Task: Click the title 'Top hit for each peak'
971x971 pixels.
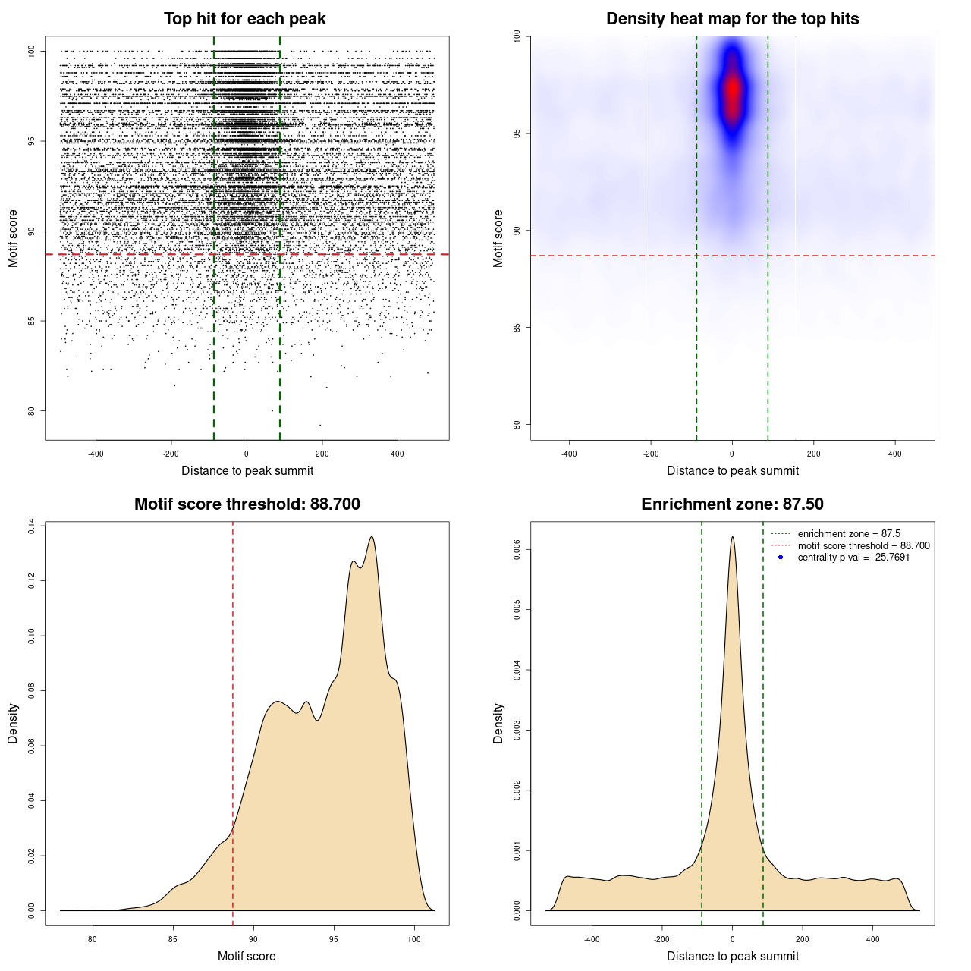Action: [x=244, y=19]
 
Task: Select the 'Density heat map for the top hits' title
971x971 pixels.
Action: [x=732, y=19]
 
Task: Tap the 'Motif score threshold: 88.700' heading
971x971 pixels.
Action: [x=247, y=504]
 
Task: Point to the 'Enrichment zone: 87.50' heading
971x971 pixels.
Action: [x=732, y=504]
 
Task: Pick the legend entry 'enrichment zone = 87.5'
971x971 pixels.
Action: [x=849, y=534]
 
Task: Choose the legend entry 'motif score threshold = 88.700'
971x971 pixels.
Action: [x=863, y=546]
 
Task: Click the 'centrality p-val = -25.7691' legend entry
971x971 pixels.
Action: [x=853, y=558]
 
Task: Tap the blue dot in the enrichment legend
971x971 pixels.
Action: [x=781, y=558]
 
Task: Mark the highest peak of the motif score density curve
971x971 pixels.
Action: [x=372, y=537]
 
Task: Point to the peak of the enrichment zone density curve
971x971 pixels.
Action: [x=732, y=537]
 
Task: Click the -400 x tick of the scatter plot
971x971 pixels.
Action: [x=96, y=454]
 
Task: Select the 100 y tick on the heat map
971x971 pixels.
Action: [x=517, y=36]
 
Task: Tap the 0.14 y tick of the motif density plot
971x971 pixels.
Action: [x=31, y=526]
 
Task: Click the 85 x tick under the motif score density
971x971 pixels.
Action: [x=173, y=940]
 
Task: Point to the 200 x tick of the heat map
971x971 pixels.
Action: [x=813, y=454]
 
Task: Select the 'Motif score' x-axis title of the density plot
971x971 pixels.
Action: [x=247, y=956]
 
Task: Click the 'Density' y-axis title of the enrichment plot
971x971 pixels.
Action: [x=498, y=723]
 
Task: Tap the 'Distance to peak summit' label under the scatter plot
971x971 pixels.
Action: [x=247, y=471]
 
